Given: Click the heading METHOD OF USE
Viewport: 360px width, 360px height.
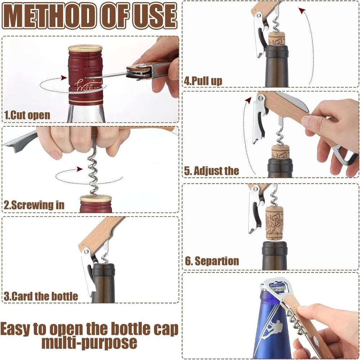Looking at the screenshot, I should [x=90, y=16].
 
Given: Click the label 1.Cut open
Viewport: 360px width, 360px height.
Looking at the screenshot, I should [x=27, y=116].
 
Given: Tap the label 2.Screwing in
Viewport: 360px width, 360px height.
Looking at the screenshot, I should [x=34, y=205].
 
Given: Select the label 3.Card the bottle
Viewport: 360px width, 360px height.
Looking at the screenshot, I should [x=41, y=297].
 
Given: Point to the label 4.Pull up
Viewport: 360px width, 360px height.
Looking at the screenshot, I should [x=203, y=81].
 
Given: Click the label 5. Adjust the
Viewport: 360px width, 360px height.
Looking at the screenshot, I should [x=211, y=171].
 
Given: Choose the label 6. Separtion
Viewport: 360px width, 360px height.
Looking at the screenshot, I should [x=212, y=261].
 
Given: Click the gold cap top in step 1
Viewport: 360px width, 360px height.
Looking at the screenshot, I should [x=85, y=48].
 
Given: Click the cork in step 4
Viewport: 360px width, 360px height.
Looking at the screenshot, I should [x=276, y=39].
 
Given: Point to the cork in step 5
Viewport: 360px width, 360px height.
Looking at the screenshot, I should [x=280, y=152].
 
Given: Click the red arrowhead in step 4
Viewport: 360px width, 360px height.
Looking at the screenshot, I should [x=302, y=11].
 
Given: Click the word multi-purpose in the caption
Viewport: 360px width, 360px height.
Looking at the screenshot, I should [x=89, y=343].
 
